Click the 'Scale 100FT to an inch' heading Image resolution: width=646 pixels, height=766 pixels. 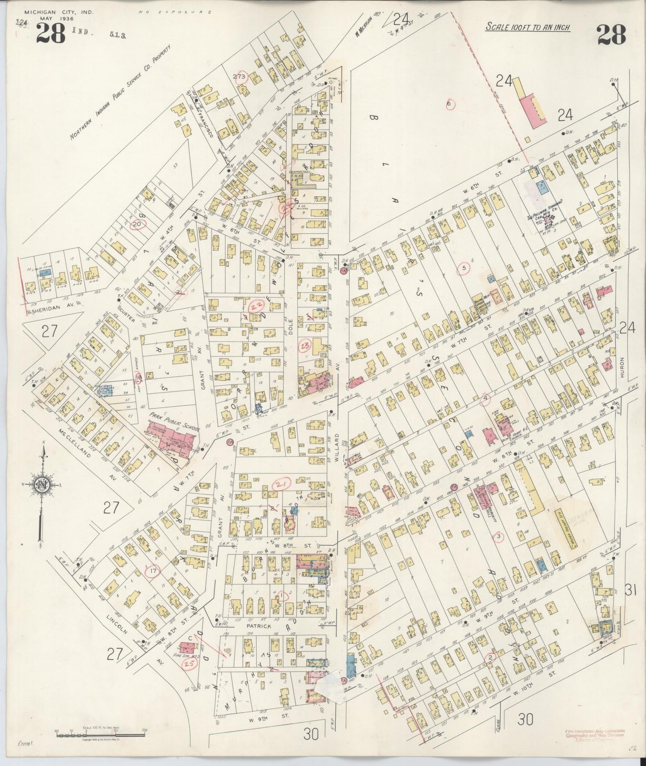[528, 27]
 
